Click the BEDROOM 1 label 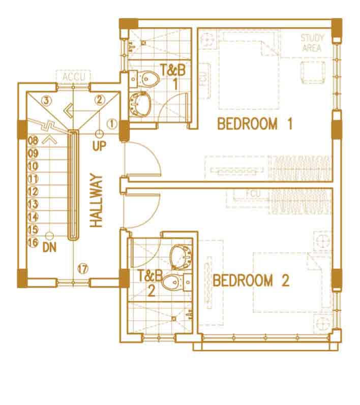coord(255,123)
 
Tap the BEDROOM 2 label coord(251,281)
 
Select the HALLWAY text coord(97,200)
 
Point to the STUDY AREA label coord(312,43)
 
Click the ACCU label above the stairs coord(74,77)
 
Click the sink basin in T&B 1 coord(140,104)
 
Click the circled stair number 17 coord(83,269)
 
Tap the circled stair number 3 coord(46,101)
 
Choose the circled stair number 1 coord(112,123)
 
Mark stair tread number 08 coord(33,141)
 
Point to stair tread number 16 coord(33,242)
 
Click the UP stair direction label coord(99,146)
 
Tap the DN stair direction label coord(49,247)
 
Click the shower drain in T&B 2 coord(174,319)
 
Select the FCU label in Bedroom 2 coord(254,194)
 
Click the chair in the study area coord(313,72)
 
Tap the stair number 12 coord(33,192)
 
